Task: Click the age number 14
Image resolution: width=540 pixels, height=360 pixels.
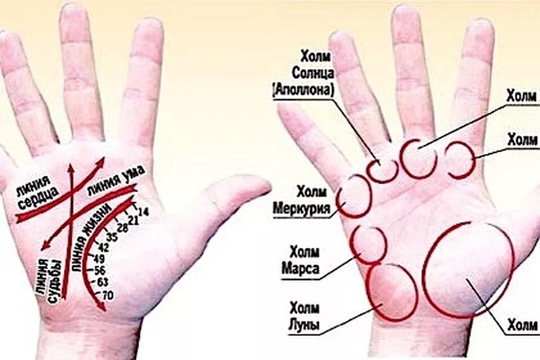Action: (x=143, y=212)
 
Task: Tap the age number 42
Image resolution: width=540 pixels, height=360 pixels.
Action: (x=103, y=247)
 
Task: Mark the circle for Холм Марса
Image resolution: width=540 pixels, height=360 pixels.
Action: (x=368, y=245)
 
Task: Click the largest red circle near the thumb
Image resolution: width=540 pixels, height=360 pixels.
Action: (x=469, y=270)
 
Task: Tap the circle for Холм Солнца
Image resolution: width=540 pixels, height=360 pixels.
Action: (x=385, y=168)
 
